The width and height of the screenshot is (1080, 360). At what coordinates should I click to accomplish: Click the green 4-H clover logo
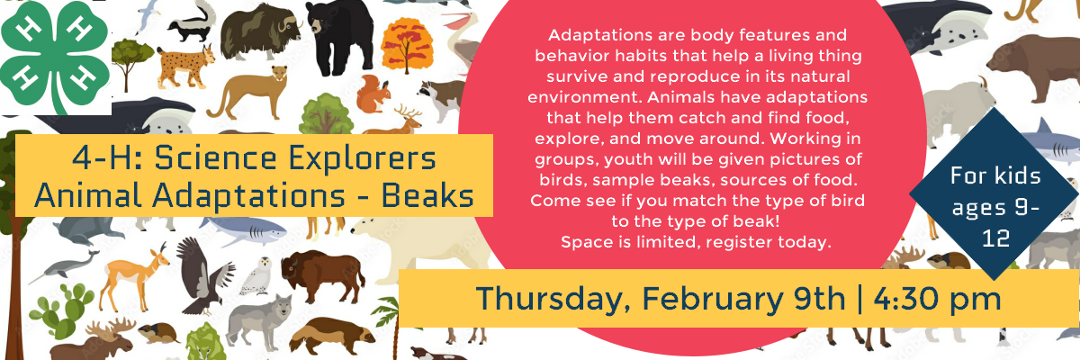click(x=56, y=57)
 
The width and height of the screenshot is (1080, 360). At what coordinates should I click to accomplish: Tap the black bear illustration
click(x=339, y=37)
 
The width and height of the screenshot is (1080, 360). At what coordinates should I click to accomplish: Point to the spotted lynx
click(x=185, y=65)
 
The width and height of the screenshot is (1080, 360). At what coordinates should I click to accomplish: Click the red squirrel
click(x=373, y=94)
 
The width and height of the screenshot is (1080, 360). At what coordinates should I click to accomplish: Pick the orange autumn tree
click(x=407, y=45)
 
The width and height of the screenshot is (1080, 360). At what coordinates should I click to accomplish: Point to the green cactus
click(x=61, y=310)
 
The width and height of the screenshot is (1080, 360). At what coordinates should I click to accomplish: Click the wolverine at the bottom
click(x=332, y=336)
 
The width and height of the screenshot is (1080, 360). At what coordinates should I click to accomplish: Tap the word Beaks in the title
click(x=427, y=195)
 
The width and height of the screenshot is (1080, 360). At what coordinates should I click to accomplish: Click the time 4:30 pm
click(x=937, y=299)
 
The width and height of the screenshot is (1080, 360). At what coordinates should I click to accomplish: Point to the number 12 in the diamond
click(x=996, y=238)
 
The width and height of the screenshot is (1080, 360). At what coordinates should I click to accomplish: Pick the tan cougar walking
click(x=247, y=93)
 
